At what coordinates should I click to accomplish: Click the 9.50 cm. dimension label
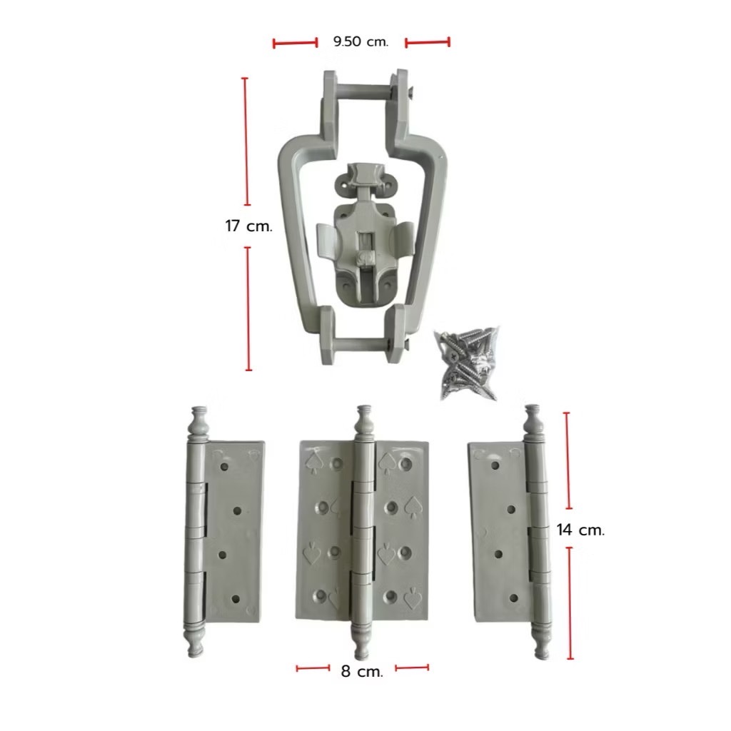click(x=361, y=41)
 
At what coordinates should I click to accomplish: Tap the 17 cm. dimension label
click(x=248, y=226)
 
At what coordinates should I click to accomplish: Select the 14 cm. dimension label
click(x=580, y=530)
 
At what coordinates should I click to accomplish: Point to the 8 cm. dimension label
click(x=362, y=671)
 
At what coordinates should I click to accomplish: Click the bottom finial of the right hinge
click(x=543, y=640)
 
